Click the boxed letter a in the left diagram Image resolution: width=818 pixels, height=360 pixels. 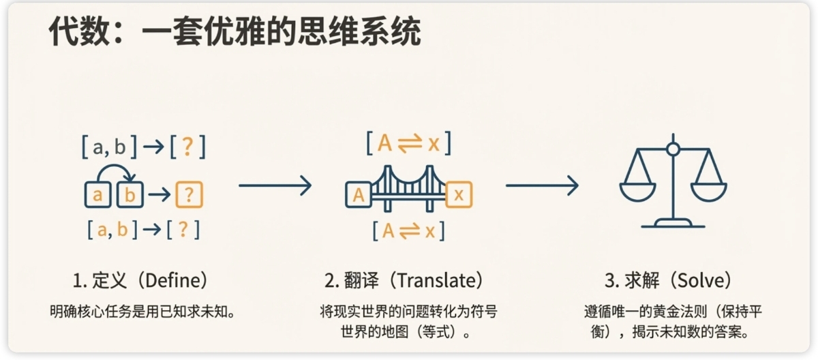click(97, 195)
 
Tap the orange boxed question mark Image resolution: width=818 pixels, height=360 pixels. click(189, 195)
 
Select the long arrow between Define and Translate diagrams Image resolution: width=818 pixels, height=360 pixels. click(275, 185)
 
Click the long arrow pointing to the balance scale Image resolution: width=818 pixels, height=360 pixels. click(542, 185)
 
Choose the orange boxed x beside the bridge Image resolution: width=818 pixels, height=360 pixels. click(459, 196)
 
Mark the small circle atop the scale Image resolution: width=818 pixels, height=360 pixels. click(673, 149)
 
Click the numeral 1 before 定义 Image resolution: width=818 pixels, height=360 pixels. click(77, 280)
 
